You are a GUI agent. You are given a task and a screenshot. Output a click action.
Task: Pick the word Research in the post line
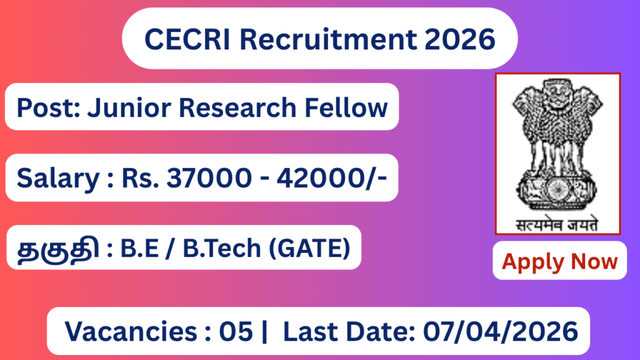(x=239, y=107)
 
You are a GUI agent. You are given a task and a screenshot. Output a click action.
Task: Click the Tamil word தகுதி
(x=56, y=249)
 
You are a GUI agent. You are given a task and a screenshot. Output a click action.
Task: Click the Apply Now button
(x=559, y=261)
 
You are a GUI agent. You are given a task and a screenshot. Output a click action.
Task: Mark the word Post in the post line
(x=42, y=107)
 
